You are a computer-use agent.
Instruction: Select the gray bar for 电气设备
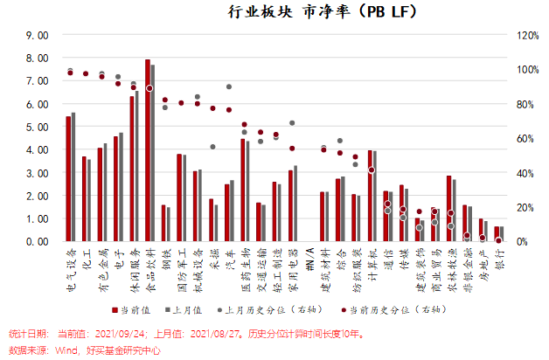point(73,177)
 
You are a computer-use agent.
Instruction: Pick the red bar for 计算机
point(371,196)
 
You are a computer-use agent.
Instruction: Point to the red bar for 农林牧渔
point(449,209)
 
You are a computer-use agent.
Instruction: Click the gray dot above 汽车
point(229,87)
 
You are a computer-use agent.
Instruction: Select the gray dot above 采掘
point(212,147)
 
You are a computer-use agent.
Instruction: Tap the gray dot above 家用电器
point(292,123)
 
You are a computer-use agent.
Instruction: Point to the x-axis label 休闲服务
point(134,270)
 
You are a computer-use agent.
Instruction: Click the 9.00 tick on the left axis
point(38,36)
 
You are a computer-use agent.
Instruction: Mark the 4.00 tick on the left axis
point(38,150)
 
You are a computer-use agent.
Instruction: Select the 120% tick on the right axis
point(527,36)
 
